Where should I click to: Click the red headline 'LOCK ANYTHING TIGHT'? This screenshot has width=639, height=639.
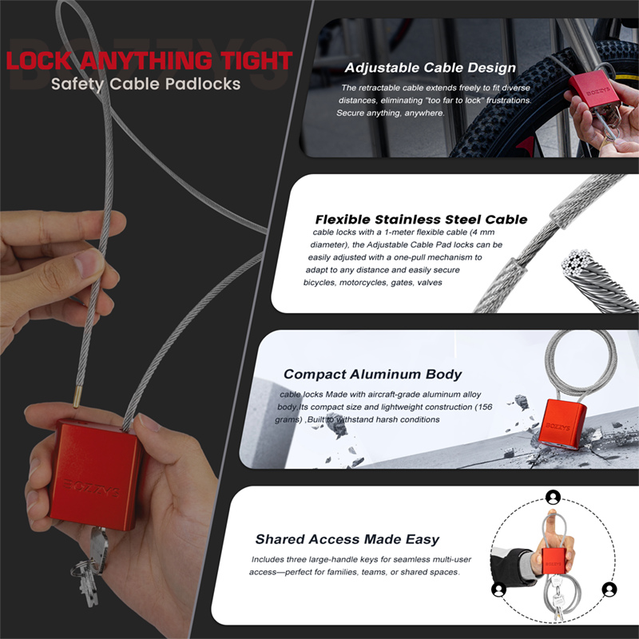pos(149,61)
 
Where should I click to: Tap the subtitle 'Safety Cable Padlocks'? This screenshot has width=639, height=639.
pos(146,84)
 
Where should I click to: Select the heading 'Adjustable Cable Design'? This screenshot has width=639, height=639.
pos(431,68)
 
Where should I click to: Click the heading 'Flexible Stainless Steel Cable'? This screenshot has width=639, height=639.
pos(422,219)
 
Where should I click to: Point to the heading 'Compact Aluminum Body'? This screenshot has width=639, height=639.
pos(372,374)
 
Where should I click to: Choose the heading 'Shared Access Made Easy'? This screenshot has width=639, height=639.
pos(347,539)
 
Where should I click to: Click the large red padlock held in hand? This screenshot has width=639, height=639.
pos(96,474)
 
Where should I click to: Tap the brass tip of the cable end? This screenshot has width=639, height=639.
pos(77,397)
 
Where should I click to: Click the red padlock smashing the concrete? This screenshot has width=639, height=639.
pos(562,424)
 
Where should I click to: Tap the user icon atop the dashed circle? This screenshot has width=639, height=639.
pos(553,497)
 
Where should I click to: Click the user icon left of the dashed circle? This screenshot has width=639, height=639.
pos(498,589)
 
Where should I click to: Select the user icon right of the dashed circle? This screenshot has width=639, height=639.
pos(609,589)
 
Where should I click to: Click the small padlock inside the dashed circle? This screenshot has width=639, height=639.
pos(554,562)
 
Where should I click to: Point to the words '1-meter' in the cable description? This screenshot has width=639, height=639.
pos(400,232)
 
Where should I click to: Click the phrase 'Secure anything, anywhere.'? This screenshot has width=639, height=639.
pos(391,113)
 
